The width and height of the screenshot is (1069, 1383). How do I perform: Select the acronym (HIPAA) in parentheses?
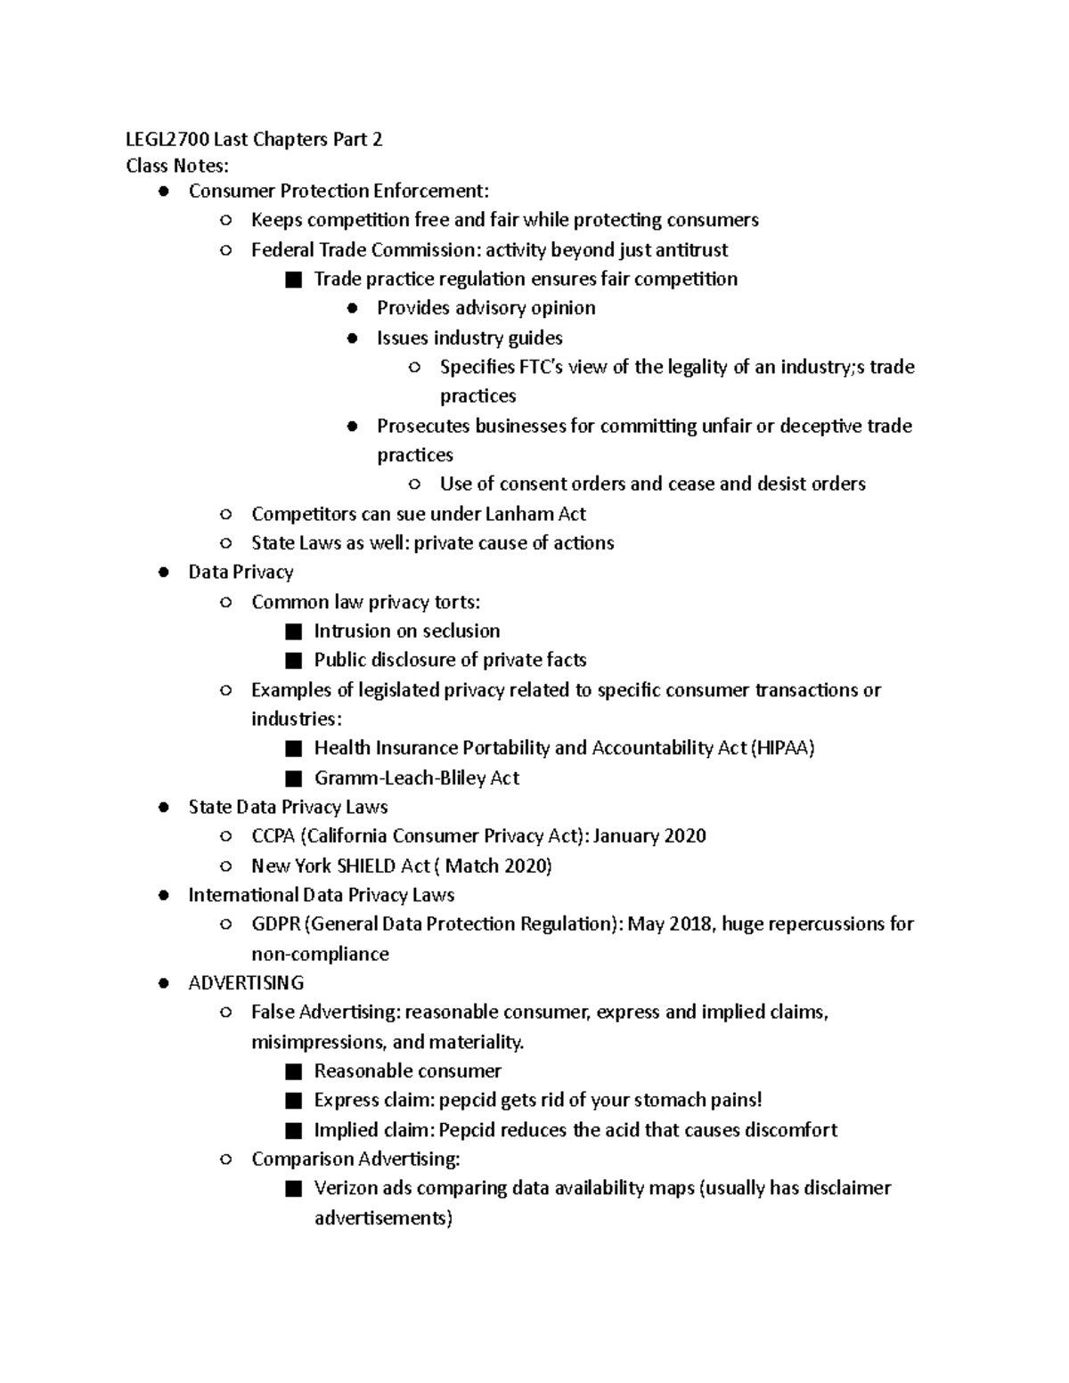click(x=783, y=748)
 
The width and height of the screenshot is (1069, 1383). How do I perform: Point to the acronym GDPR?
click(x=275, y=923)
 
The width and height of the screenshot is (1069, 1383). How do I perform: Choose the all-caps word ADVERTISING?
click(x=246, y=983)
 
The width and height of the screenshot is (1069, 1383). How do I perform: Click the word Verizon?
click(x=346, y=1188)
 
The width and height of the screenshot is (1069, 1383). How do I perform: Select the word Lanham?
click(x=519, y=514)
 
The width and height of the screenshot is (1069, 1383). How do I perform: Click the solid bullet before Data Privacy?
click(x=163, y=573)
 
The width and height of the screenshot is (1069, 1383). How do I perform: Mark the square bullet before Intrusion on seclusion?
click(x=294, y=631)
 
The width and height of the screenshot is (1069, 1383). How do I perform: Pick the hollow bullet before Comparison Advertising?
click(x=226, y=1159)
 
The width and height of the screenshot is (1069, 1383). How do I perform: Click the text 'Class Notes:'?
click(x=177, y=166)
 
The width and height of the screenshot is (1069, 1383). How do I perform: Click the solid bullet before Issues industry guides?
click(x=353, y=338)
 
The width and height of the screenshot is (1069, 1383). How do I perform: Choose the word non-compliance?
click(x=320, y=954)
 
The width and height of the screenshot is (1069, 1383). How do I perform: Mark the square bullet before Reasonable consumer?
click(x=294, y=1071)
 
